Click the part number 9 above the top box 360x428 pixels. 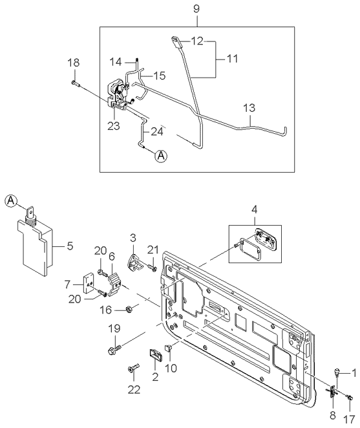click(x=196, y=9)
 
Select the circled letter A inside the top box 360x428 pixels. click(x=161, y=156)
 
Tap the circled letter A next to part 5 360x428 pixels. click(x=11, y=201)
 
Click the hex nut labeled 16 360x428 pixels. click(x=128, y=309)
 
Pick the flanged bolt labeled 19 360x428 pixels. click(x=114, y=349)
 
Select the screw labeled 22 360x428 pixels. click(x=133, y=368)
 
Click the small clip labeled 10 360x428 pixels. click(x=168, y=348)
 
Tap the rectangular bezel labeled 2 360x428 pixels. click(x=156, y=355)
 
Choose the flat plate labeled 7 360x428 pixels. click(x=89, y=284)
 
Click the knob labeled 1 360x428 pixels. click(x=337, y=372)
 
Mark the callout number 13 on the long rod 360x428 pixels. click(x=249, y=107)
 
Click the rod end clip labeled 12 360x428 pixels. click(x=176, y=42)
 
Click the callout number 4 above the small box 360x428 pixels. click(x=255, y=209)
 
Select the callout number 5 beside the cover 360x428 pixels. click(x=70, y=246)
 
